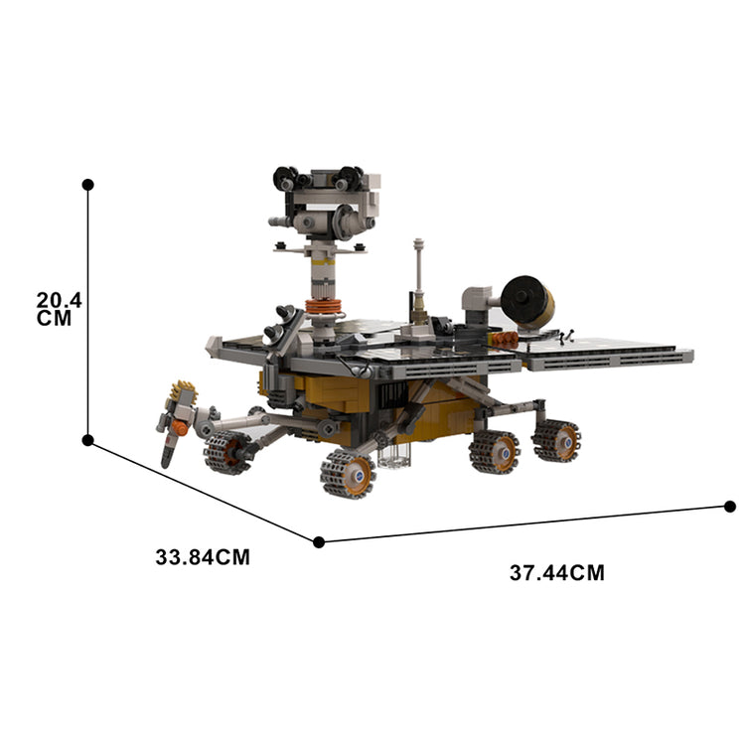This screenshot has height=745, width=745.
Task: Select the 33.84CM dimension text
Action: [203, 557]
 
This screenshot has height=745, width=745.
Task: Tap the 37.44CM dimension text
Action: [557, 573]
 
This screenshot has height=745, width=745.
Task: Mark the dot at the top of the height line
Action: [88, 185]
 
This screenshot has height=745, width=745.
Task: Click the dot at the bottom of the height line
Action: [88, 439]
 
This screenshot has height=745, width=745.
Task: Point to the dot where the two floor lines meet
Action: [319, 541]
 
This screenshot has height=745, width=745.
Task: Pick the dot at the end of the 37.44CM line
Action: [730, 507]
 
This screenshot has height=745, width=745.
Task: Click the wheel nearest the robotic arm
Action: [226, 452]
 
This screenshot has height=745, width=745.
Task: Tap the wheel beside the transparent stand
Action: [347, 473]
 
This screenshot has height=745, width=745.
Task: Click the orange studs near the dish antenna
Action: [505, 339]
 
